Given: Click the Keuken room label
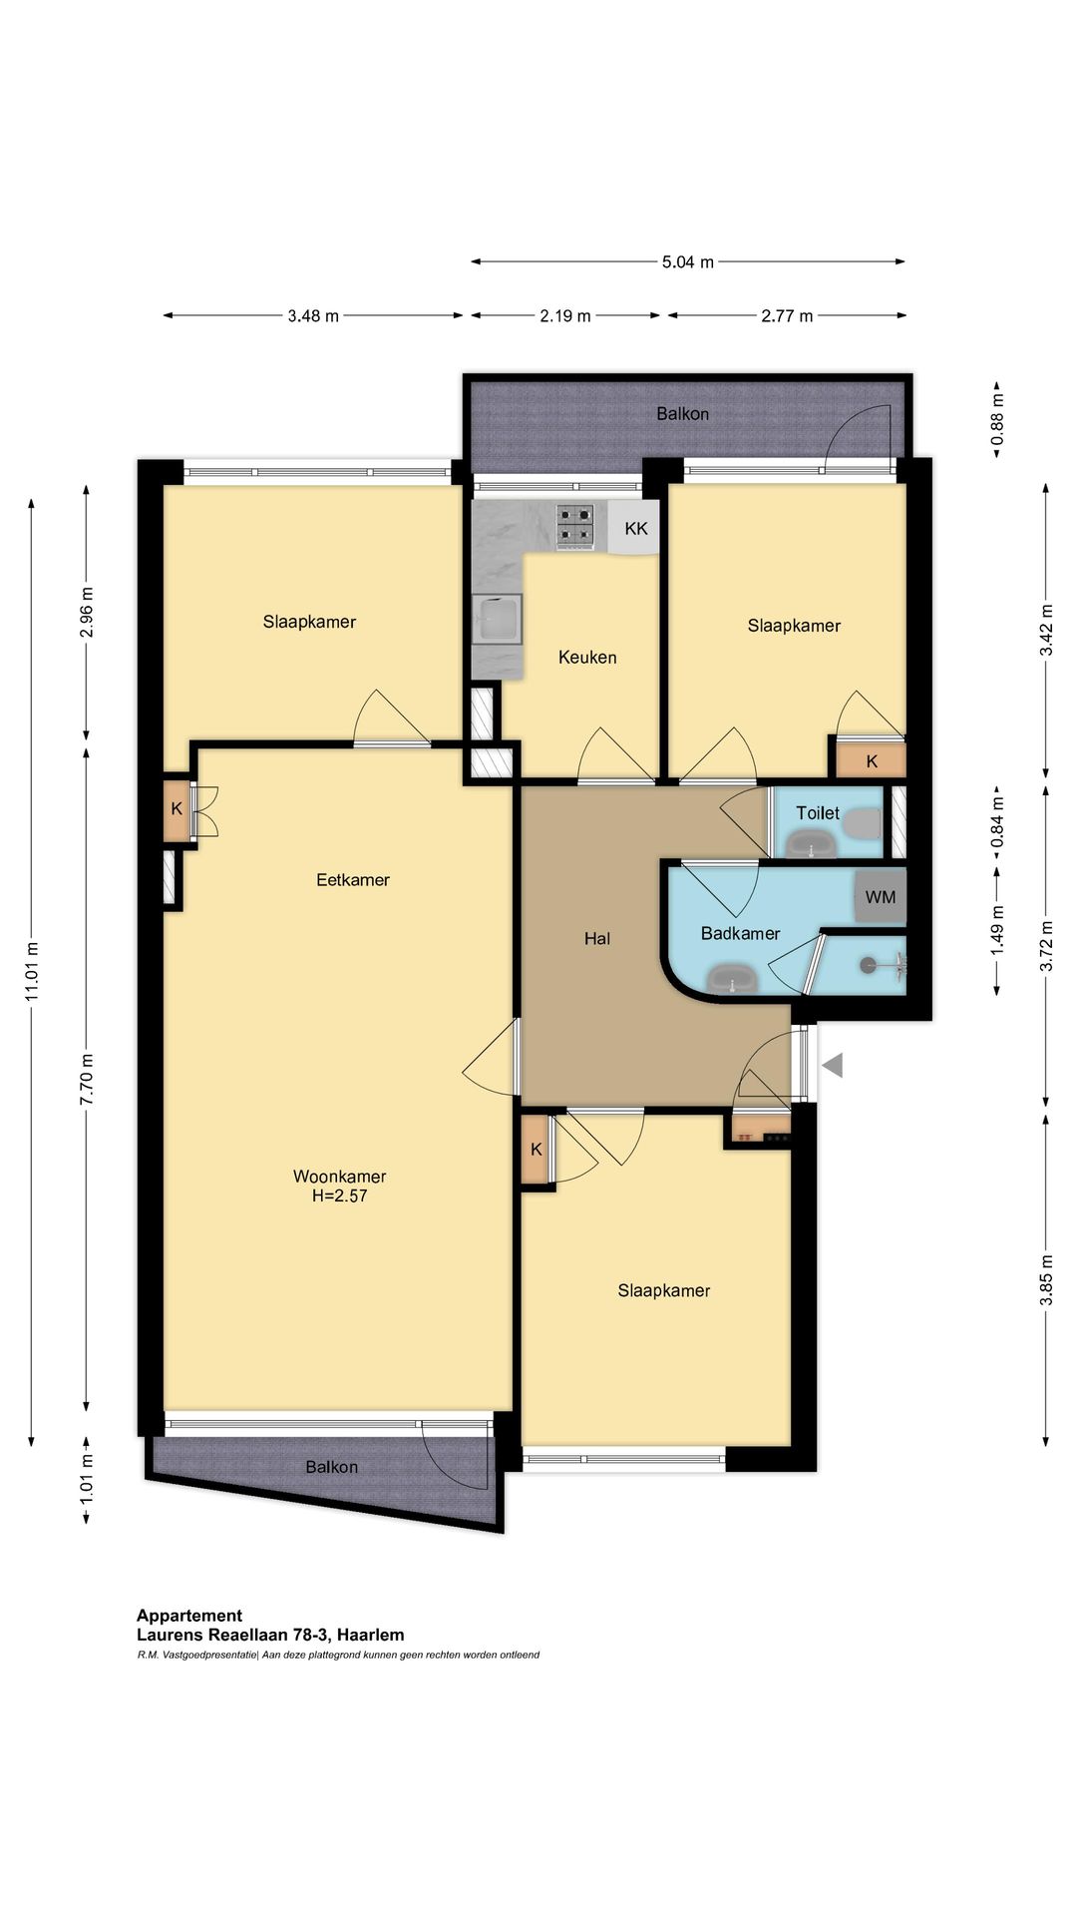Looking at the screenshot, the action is point(587,657).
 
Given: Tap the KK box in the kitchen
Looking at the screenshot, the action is point(634,528).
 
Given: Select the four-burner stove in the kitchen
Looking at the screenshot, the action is point(574,528).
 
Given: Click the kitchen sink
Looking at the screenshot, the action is point(497,619).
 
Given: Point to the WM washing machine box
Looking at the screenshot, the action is point(880,897).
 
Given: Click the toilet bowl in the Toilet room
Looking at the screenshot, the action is point(862,824).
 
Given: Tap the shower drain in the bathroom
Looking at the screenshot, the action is point(868,965).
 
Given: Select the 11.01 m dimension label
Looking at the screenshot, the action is point(32,971).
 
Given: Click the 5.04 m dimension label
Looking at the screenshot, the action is point(688,262).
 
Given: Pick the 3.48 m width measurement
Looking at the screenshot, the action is point(313,316).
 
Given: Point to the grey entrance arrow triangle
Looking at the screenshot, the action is point(833,1065).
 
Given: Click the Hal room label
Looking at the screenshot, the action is point(597,938).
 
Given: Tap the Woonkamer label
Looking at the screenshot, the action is point(339,1177).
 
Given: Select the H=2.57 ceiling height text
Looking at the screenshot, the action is point(339,1196).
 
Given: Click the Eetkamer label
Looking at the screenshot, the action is point(353,879).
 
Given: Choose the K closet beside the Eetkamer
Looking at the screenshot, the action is point(177,808).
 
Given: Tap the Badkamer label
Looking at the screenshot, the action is point(740,933).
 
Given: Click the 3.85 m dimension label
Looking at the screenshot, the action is point(1046,1280).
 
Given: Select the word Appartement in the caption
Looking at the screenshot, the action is point(189,1616).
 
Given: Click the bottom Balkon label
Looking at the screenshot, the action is point(332,1467).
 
